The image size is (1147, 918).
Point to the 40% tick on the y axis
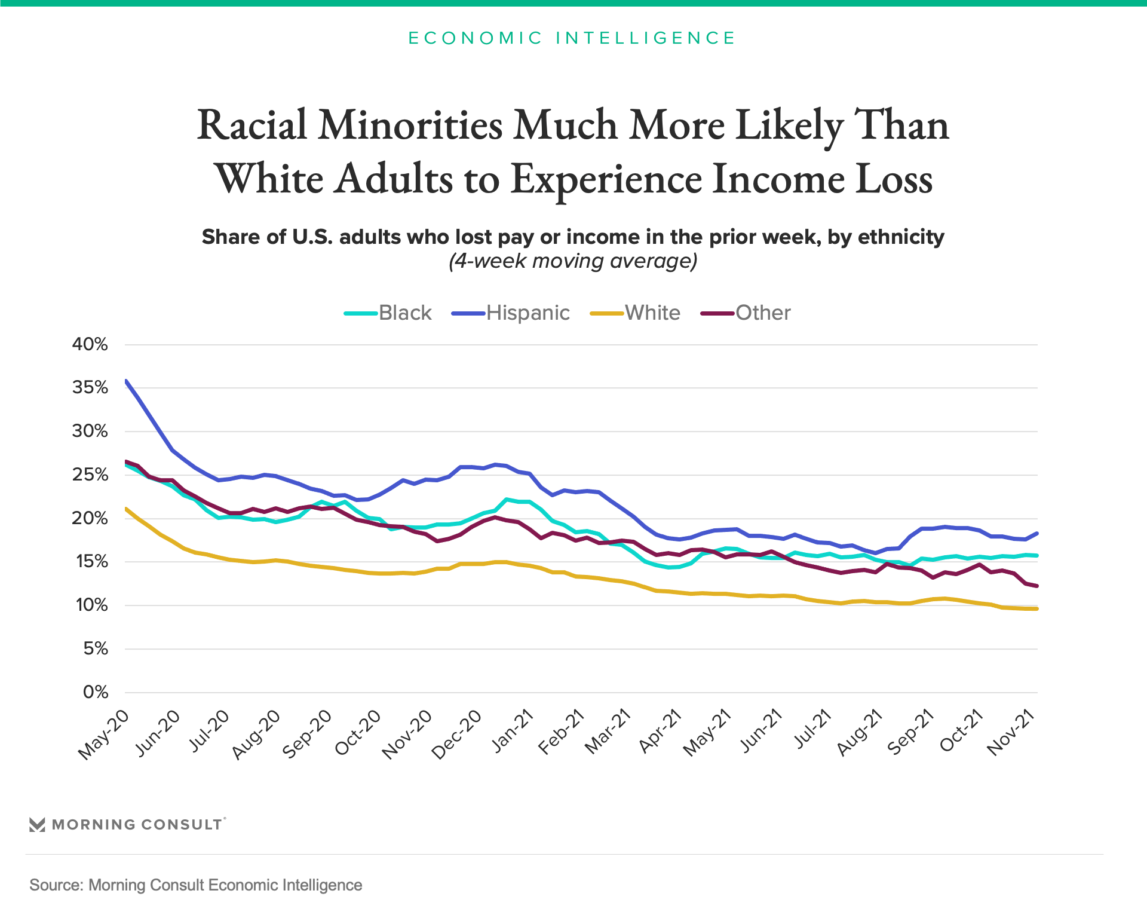tap(90, 344)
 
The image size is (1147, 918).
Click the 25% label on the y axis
tap(90, 475)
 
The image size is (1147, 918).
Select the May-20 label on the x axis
tap(104, 735)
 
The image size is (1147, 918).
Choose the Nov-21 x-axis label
tap(1011, 734)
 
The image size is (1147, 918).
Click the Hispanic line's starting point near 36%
tap(126, 381)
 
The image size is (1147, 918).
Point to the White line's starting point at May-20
tap(126, 509)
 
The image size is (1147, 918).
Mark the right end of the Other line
tap(1037, 586)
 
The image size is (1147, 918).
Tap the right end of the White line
tap(1037, 608)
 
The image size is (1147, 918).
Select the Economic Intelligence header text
tap(572, 38)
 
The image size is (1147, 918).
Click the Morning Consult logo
tap(127, 825)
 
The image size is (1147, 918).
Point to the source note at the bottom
tap(196, 885)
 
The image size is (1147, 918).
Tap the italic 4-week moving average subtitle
tap(573, 261)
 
